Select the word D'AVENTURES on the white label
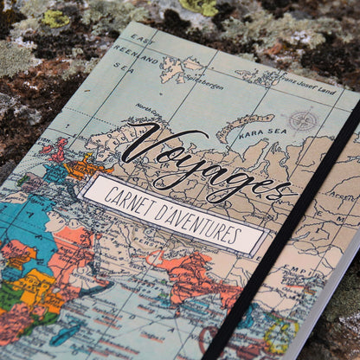[x=206, y=222]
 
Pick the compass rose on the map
[x=302, y=120]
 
